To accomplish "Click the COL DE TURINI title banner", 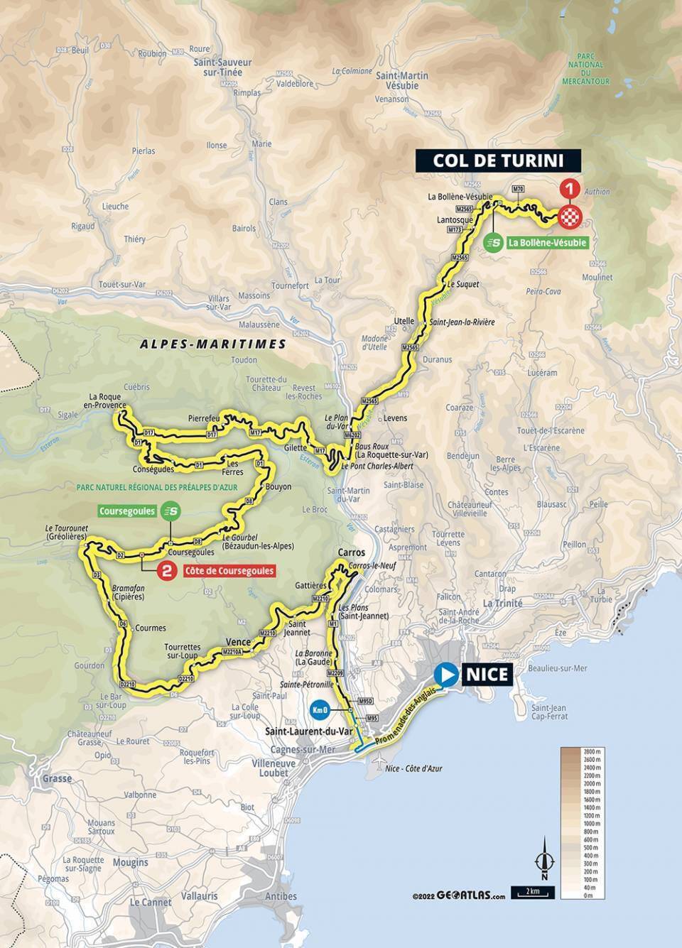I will [499, 160].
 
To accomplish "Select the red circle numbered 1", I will [568, 189].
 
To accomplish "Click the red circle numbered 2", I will [167, 570].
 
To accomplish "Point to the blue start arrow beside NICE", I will [448, 674].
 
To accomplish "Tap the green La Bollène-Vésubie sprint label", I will [537, 243].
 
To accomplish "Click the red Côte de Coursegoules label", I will [229, 570].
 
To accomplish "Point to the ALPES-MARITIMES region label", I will [213, 344].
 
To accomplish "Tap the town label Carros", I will [352, 552].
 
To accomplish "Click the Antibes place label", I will [281, 896].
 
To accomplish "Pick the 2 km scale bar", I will [532, 892].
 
